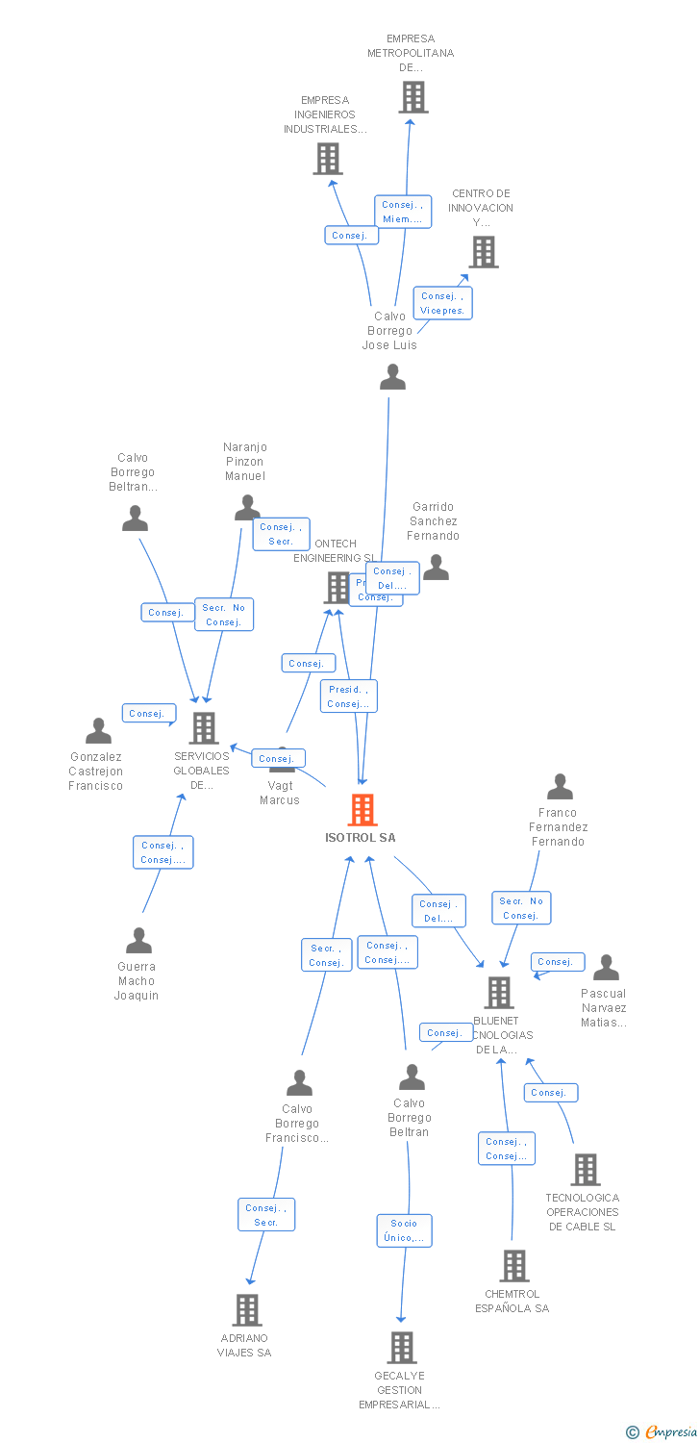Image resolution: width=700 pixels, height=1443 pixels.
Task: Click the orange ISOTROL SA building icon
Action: [x=362, y=810]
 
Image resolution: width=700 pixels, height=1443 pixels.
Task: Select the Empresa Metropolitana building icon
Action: [x=412, y=97]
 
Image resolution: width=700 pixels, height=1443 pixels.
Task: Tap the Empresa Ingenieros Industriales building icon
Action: [x=327, y=159]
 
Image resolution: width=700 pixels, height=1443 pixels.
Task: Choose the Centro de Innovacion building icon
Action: [x=483, y=252]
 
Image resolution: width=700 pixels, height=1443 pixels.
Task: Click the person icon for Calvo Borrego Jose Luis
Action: [x=392, y=377]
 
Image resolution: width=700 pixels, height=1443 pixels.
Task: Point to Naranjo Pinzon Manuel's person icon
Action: [x=247, y=507]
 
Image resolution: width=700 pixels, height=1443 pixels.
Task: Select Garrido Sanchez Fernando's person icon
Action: [x=436, y=568]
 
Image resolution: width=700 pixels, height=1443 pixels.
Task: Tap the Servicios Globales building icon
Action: [x=203, y=728]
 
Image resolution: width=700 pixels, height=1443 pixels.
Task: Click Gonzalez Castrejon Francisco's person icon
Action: [x=98, y=731]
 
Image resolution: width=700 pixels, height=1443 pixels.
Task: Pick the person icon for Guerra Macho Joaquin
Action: [x=138, y=940]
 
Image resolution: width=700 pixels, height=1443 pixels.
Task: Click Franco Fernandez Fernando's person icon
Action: [x=560, y=787]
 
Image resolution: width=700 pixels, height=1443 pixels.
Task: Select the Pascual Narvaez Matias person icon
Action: [x=606, y=967]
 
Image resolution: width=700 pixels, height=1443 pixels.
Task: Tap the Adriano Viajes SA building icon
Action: [x=247, y=1309]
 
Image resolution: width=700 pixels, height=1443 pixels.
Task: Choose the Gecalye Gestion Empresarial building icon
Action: [x=402, y=1347]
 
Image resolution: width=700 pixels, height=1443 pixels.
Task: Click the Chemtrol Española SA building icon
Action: [x=514, y=1265]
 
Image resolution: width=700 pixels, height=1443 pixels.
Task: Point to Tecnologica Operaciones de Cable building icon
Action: [x=585, y=1170]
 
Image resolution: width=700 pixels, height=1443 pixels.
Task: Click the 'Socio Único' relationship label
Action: [x=404, y=1230]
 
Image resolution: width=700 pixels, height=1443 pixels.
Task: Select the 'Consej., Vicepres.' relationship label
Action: [x=442, y=303]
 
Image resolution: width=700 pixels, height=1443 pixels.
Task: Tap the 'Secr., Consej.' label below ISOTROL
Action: [x=326, y=955]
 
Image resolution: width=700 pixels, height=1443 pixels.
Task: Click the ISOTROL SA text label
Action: [x=361, y=838]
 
